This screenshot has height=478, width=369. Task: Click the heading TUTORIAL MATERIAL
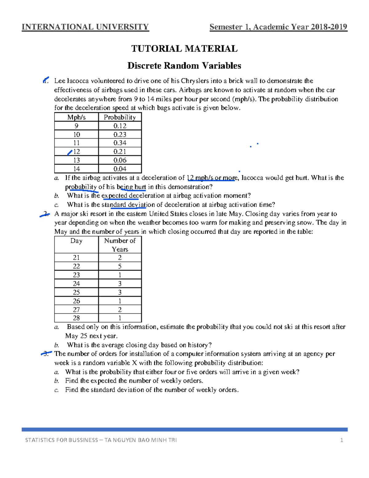tap(184, 49)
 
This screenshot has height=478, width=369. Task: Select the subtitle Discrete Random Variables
tap(184, 66)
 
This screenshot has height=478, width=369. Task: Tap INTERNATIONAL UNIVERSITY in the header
tap(85, 27)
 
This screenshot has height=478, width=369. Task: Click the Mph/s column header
tap(76, 117)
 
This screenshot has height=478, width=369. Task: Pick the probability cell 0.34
tap(120, 143)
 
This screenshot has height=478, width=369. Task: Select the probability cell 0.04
tap(120, 169)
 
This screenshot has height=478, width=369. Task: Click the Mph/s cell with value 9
tap(76, 126)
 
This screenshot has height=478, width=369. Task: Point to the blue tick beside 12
tap(70, 152)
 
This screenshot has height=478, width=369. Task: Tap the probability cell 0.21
tap(120, 151)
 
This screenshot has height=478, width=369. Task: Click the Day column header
tap(76, 241)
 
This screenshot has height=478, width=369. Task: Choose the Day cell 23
tap(76, 275)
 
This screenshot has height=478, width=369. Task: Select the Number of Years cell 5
tap(120, 266)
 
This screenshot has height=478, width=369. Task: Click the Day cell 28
tap(76, 318)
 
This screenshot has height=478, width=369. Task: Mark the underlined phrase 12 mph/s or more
tap(212, 178)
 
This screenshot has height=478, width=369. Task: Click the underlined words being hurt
tap(131, 187)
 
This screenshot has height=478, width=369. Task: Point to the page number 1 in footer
tap(341, 440)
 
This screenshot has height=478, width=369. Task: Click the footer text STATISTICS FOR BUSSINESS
tap(61, 440)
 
